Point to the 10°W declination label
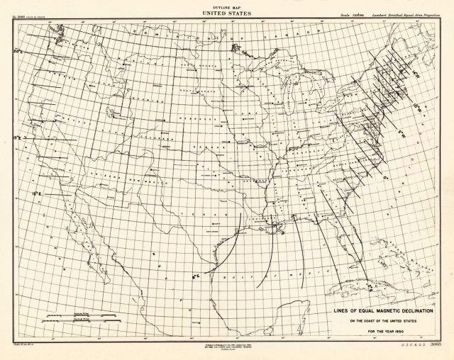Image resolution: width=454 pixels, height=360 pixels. point(419,107)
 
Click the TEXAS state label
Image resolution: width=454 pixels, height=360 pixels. point(182,213)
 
